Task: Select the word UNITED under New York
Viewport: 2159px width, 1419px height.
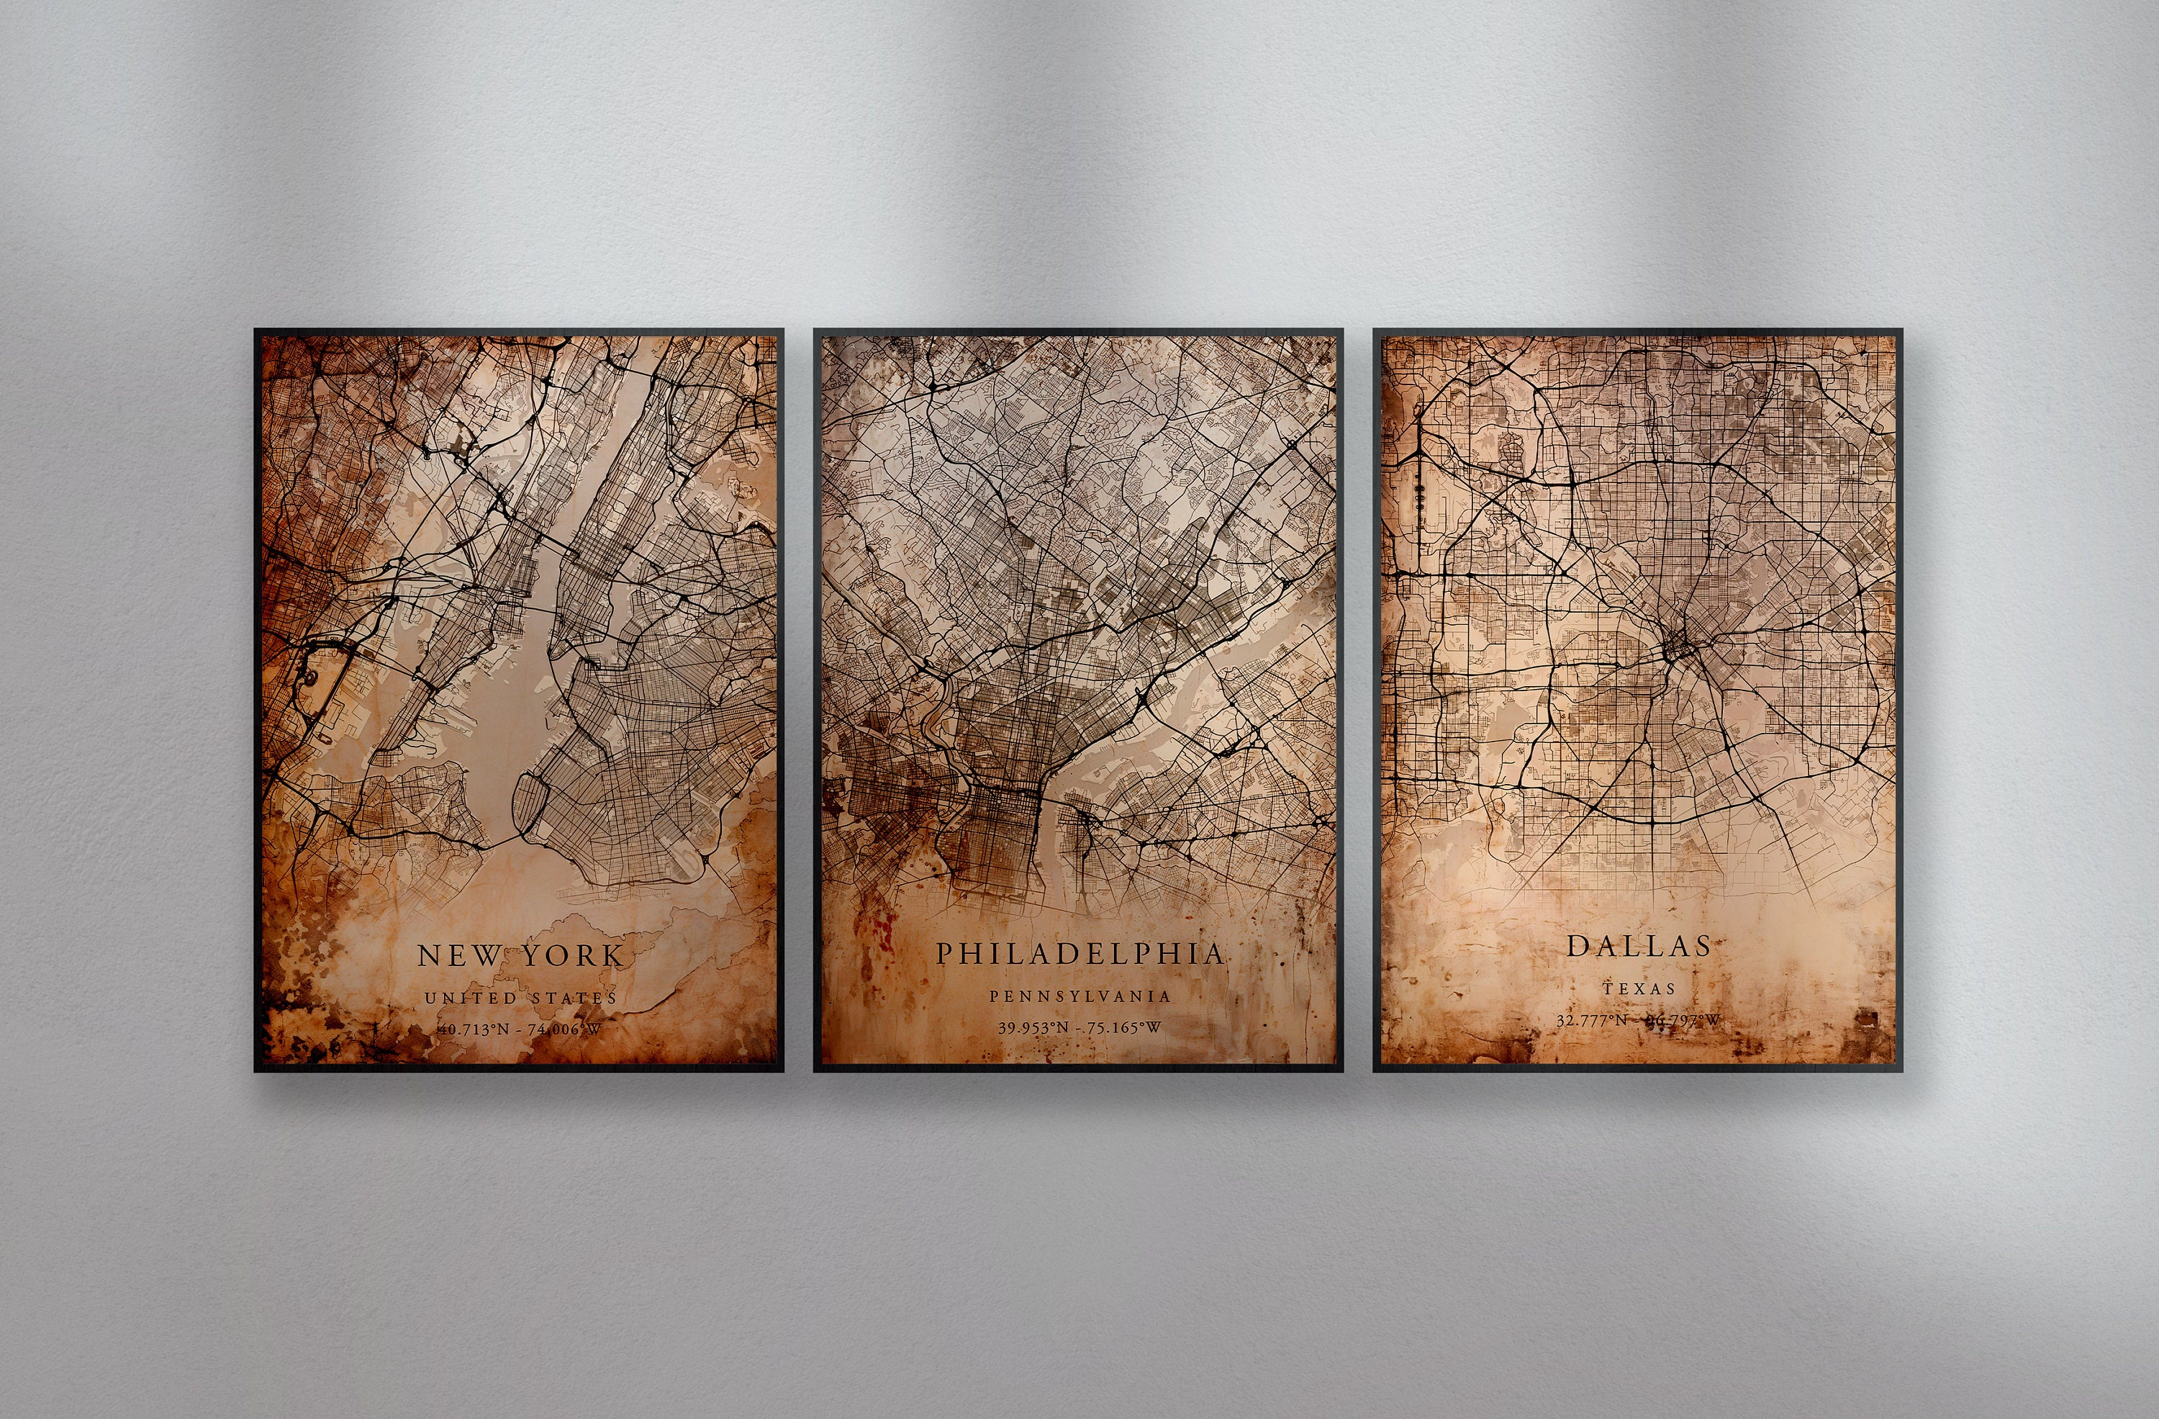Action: tap(471, 998)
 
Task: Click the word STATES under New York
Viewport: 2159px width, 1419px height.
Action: tap(574, 998)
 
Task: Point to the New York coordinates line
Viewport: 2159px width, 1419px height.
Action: tap(520, 1029)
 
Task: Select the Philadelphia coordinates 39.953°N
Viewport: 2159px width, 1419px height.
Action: tap(1035, 1028)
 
